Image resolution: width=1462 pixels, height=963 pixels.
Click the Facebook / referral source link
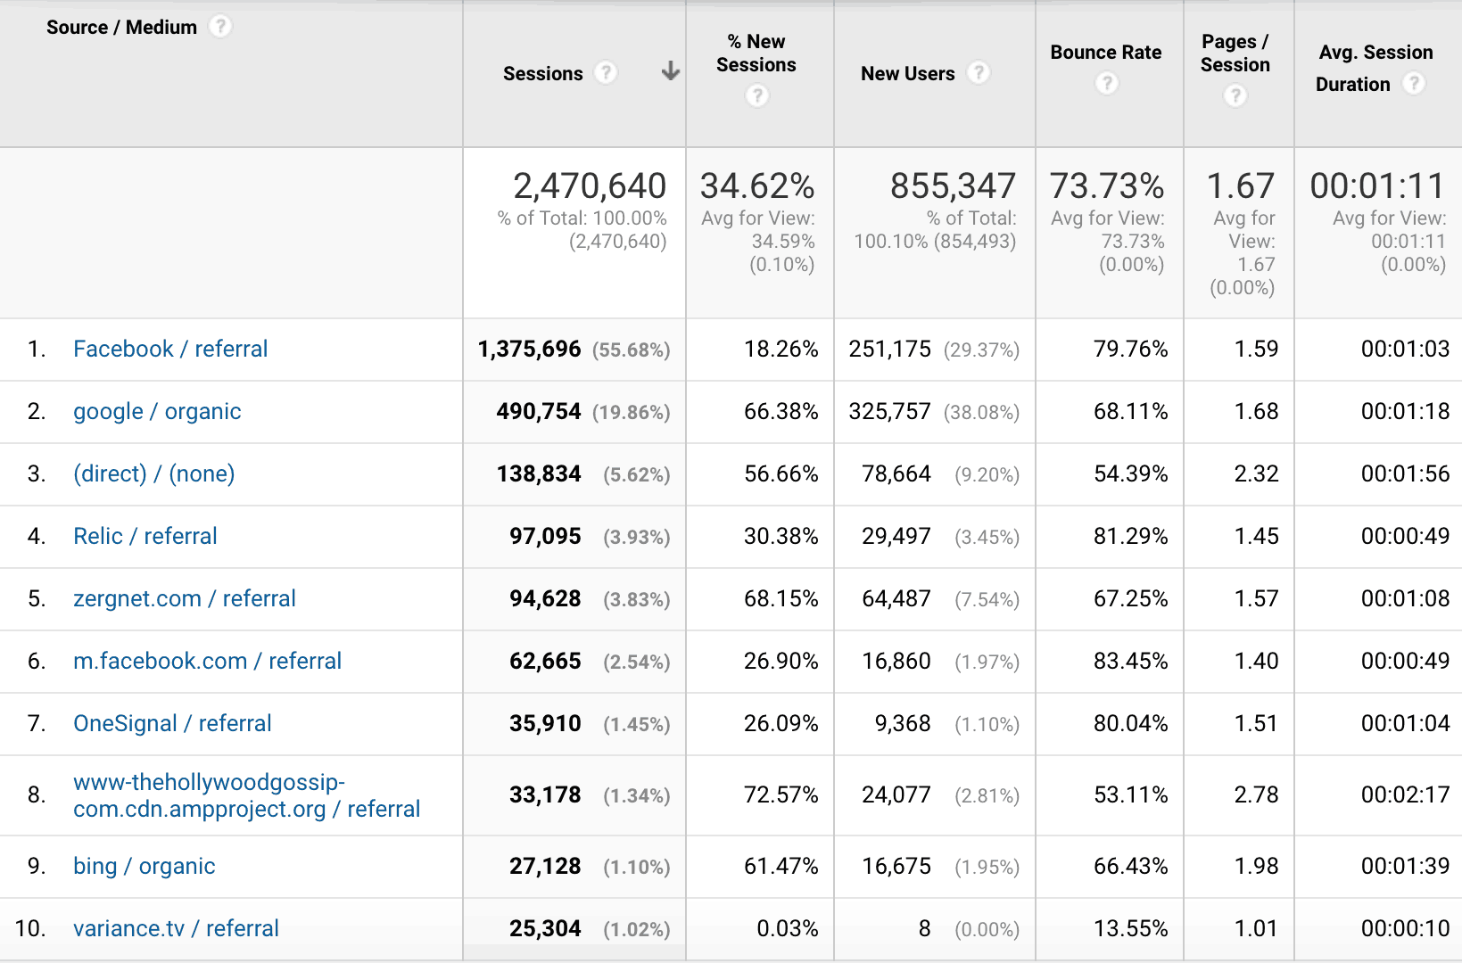tap(170, 349)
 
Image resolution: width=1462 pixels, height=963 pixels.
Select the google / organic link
tap(157, 411)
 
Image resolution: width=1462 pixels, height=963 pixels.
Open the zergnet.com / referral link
tap(184, 598)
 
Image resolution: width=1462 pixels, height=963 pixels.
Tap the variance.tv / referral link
tap(176, 928)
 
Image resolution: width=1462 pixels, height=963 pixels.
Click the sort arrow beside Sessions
tap(670, 71)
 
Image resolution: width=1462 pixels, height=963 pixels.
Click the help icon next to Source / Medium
tap(220, 27)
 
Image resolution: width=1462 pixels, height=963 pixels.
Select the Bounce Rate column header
tap(1105, 53)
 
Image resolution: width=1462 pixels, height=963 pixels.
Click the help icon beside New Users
tap(979, 72)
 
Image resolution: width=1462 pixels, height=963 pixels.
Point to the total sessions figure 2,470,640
tap(589, 185)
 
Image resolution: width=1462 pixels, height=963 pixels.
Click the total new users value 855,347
tap(953, 185)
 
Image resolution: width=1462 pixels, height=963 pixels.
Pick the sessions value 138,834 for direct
tap(539, 473)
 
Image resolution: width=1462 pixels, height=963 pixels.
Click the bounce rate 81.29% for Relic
tap(1130, 536)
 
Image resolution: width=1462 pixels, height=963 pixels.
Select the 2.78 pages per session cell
tap(1256, 794)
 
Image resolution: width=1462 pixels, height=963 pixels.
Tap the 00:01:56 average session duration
tap(1405, 473)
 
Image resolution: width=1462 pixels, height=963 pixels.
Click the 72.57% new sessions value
tap(781, 794)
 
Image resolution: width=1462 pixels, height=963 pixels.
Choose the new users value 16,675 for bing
tap(896, 866)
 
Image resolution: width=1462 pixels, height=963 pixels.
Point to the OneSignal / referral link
tap(172, 723)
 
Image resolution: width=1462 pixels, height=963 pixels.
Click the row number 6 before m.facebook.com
tap(37, 661)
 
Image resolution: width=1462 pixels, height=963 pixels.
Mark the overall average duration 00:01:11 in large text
tap(1377, 185)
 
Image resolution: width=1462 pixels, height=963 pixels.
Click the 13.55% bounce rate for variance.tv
tap(1130, 928)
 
